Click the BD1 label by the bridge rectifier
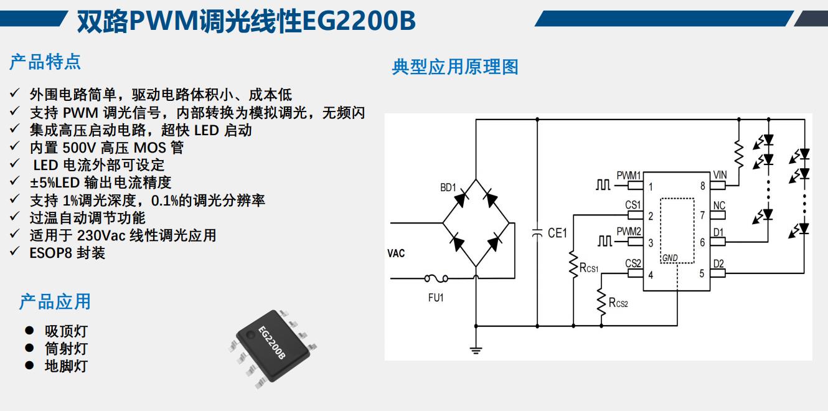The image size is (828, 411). point(448,187)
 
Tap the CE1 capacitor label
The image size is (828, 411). point(557,233)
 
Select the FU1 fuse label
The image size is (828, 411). point(436,298)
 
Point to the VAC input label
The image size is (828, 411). point(396,253)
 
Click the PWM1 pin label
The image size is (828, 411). point(629,176)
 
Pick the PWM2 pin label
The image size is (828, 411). point(629,232)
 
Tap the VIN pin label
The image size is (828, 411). point(720,175)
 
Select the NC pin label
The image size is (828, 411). point(719,205)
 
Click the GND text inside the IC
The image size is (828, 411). point(670,258)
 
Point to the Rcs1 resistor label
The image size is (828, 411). point(589,268)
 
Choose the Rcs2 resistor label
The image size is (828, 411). point(618,303)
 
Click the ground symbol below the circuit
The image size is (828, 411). point(476,350)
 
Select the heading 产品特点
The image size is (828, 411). point(45,62)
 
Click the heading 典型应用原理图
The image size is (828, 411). point(454,67)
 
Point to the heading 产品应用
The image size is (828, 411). point(55,302)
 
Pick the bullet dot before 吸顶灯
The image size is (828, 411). point(29,330)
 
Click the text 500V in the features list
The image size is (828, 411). point(78,148)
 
